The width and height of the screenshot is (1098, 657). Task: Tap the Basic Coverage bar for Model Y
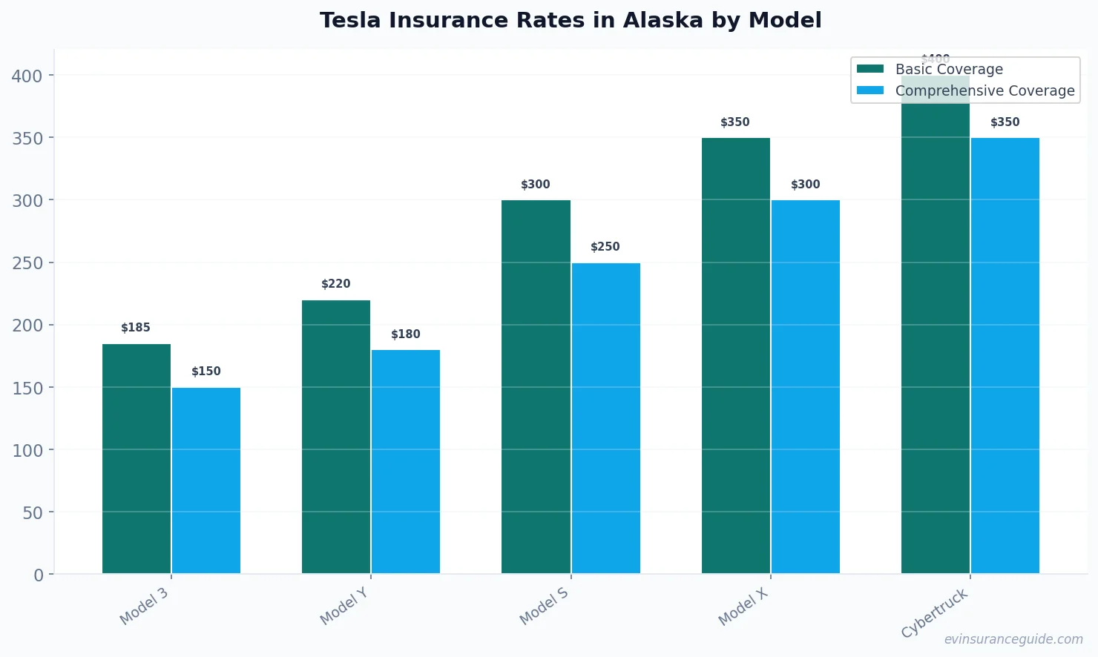click(x=336, y=437)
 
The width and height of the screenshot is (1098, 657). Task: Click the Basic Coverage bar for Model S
click(x=536, y=386)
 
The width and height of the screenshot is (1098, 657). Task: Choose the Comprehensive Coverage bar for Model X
click(x=806, y=386)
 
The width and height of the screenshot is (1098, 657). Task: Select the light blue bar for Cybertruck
click(x=1005, y=355)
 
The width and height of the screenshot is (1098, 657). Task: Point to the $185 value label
click(x=136, y=328)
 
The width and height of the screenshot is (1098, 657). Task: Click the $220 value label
click(x=336, y=284)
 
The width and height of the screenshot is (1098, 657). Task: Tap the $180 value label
click(x=406, y=334)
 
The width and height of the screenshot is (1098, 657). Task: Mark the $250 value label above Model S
click(x=605, y=247)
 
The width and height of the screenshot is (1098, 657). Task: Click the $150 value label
click(x=206, y=372)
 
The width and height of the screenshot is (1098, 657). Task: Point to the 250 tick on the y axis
click(x=27, y=263)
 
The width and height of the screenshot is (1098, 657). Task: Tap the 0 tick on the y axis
click(x=39, y=575)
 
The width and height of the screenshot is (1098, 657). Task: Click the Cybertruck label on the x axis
click(x=935, y=613)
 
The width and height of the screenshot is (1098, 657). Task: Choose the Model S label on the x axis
click(x=544, y=606)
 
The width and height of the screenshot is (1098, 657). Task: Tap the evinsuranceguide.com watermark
click(x=1013, y=639)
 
